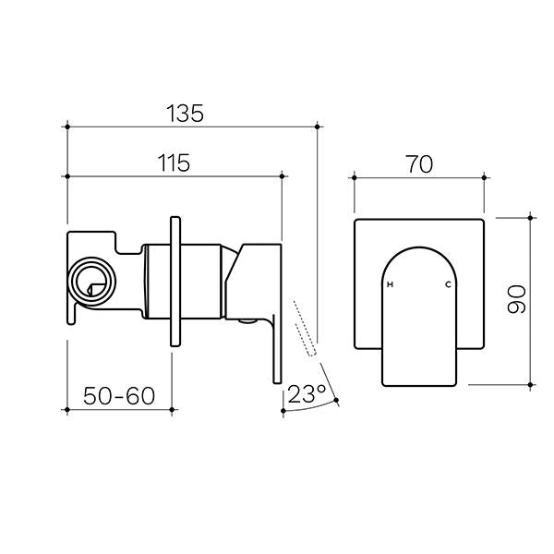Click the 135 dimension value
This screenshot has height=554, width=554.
[185, 114]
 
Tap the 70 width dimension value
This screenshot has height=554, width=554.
[418, 163]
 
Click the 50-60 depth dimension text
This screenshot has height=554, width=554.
[117, 396]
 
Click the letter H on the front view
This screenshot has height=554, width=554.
[390, 284]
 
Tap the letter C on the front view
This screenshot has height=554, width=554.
[448, 284]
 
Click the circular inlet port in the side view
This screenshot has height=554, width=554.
[92, 279]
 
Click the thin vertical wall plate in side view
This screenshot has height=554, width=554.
[174, 281]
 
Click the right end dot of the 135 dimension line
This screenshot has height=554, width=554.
[317, 125]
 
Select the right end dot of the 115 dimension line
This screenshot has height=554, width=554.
[280, 175]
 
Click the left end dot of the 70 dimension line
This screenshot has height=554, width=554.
[355, 175]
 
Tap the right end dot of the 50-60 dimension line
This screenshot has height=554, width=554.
[174, 407]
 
